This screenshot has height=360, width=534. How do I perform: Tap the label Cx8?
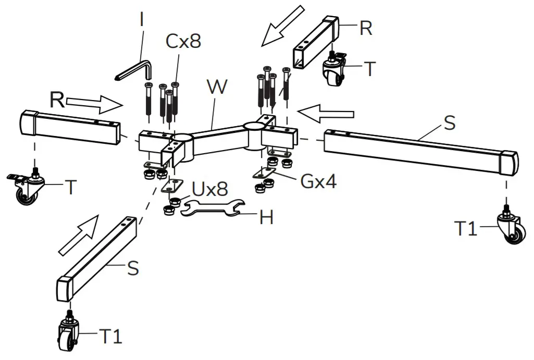click(x=183, y=41)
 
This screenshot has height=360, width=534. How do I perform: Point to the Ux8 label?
click(x=210, y=189)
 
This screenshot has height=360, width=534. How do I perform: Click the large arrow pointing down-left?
click(x=282, y=26)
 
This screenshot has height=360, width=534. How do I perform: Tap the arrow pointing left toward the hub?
click(x=328, y=113)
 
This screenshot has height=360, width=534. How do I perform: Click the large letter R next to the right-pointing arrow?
click(x=57, y=100)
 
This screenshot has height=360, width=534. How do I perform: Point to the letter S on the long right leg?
click(x=449, y=123)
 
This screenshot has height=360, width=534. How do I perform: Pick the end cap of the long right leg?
click(x=508, y=163)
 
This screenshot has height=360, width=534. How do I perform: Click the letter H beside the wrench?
click(x=266, y=218)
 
